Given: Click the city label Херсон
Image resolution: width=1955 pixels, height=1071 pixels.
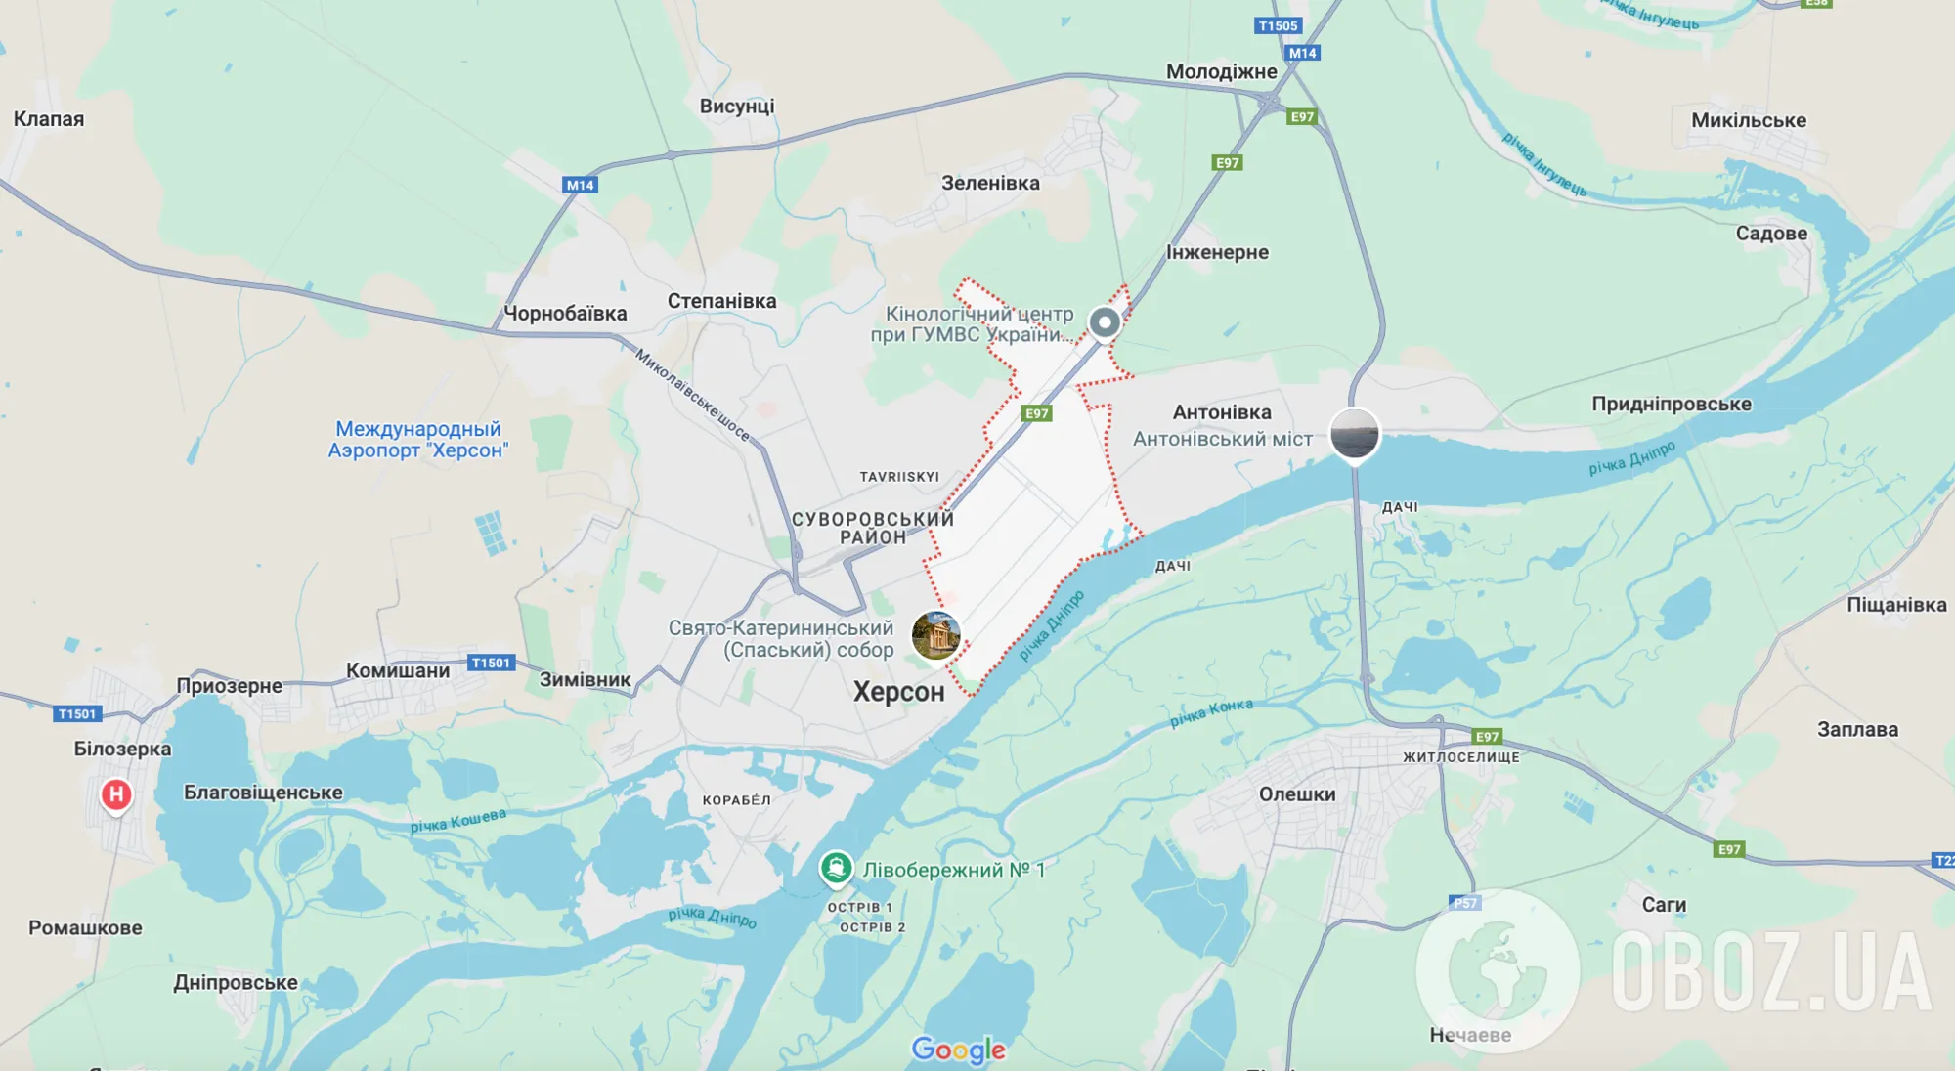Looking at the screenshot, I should click(898, 692).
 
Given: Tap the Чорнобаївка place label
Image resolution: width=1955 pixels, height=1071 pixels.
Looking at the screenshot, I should click(565, 314).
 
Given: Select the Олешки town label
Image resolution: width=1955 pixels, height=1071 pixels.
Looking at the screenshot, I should click(1296, 794).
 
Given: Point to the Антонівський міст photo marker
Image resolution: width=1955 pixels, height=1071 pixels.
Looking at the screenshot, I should click(1355, 434).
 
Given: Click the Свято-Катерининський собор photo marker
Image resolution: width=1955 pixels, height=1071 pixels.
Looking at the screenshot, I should click(935, 636).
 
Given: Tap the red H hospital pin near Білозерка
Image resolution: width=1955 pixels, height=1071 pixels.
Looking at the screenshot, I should click(116, 794).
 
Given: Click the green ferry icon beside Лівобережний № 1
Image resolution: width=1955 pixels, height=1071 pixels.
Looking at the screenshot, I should click(836, 868).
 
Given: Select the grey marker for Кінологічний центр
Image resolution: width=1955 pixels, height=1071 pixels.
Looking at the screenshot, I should click(1105, 321).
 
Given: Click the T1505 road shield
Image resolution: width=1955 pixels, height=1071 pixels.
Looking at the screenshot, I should click(1278, 26).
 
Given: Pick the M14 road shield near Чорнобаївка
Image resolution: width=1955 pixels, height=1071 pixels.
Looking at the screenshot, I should click(580, 185).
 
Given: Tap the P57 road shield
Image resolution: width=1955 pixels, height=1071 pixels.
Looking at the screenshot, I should click(1464, 903).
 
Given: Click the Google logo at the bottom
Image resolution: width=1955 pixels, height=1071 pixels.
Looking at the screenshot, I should click(958, 1050).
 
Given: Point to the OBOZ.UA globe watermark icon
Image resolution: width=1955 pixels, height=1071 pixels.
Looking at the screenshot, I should click(1497, 969).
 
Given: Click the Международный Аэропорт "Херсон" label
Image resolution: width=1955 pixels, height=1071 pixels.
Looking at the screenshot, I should click(418, 440).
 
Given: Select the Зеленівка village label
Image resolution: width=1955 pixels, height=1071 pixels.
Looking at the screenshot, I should click(990, 183).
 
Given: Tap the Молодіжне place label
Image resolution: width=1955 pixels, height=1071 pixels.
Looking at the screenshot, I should click(1221, 71).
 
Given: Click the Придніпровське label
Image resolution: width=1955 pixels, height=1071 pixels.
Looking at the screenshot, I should click(1671, 404).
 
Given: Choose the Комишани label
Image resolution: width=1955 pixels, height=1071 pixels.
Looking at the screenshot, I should click(398, 670).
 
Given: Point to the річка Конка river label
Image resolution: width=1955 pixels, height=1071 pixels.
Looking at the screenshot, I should click(1211, 712).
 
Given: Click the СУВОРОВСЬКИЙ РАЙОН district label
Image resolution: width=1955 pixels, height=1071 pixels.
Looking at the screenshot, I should click(872, 528).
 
